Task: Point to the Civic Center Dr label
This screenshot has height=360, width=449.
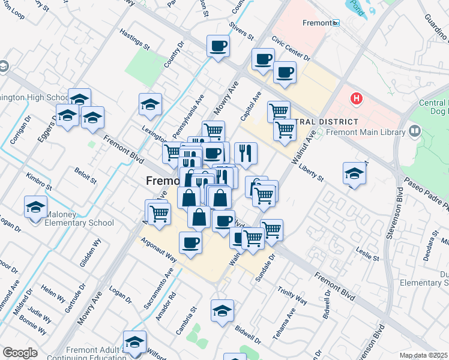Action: click(x=290, y=49)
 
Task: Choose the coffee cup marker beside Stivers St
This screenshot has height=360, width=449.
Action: click(x=218, y=46)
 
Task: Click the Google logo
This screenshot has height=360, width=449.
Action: click(x=20, y=353)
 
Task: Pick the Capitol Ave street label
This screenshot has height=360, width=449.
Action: click(x=252, y=105)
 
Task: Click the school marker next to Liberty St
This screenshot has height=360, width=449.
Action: click(x=354, y=173)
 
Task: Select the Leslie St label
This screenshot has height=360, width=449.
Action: click(x=368, y=253)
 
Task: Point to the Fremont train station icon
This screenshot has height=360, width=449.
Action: click(x=336, y=23)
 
